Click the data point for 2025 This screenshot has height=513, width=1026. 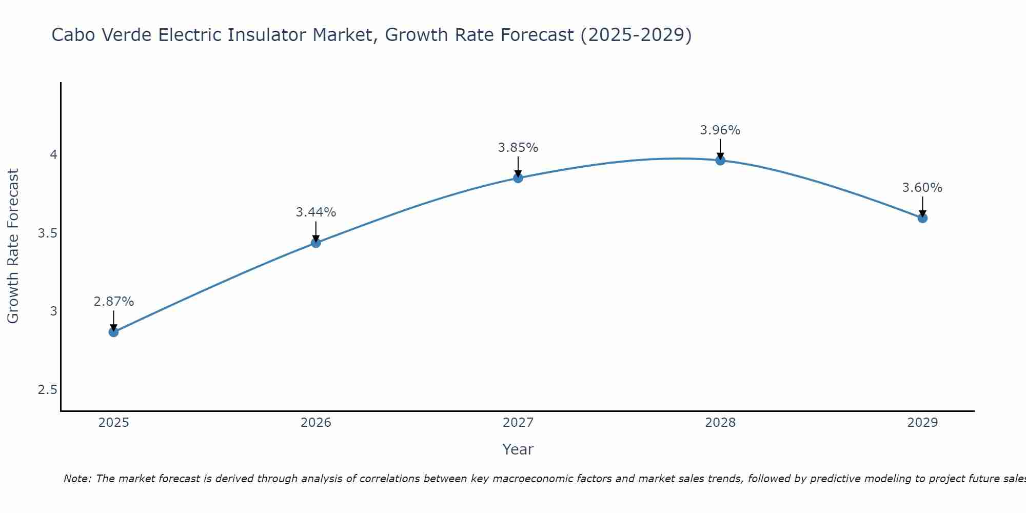point(113,332)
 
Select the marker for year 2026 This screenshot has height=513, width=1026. point(316,243)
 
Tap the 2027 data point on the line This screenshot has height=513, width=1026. point(518,178)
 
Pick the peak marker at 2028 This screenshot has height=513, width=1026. point(720,160)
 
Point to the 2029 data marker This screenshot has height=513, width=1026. point(922,218)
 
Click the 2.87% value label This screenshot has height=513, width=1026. point(113,302)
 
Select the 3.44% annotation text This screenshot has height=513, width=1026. point(316,212)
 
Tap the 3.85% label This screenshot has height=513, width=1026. point(518,148)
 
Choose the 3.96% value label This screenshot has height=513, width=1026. point(720,130)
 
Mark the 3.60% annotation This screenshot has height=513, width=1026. point(922,188)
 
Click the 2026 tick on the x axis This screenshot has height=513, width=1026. point(316,423)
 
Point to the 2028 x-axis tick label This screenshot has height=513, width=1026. point(720,423)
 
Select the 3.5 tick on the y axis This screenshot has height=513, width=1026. point(48,233)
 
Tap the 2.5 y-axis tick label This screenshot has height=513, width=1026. point(48,390)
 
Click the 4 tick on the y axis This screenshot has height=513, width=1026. point(53,154)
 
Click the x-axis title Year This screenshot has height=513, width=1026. point(518,449)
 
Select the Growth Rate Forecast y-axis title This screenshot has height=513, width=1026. point(13,246)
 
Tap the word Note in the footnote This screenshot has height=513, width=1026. point(77,479)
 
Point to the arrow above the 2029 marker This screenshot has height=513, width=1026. point(922,206)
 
